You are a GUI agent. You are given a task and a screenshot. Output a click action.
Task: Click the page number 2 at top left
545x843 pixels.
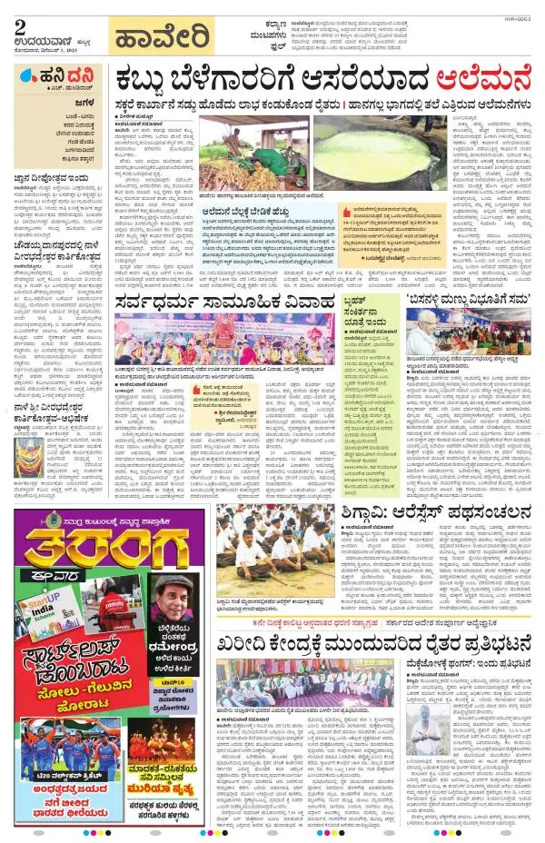(x=18, y=25)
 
